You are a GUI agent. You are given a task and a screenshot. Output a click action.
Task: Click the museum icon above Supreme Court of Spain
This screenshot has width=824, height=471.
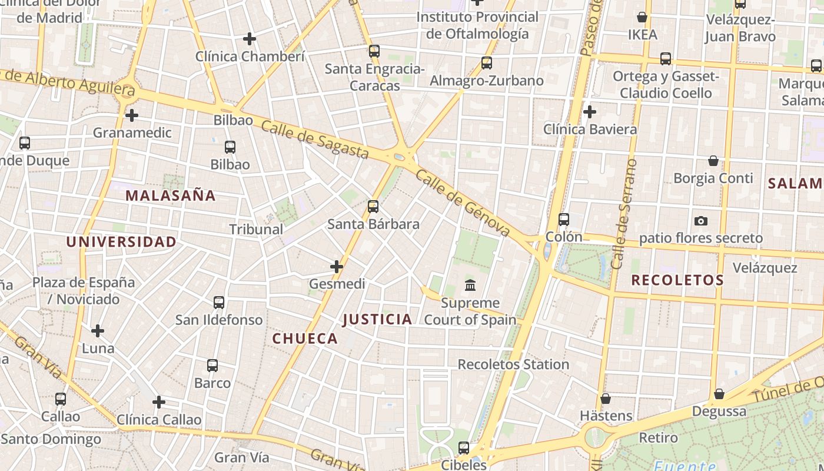470,286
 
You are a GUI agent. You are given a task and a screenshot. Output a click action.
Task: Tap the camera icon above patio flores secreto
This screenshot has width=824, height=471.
700,221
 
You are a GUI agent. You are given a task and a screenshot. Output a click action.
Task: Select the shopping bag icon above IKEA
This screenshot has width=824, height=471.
642,18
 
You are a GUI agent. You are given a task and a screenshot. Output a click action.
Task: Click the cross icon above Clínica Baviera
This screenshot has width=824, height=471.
589,111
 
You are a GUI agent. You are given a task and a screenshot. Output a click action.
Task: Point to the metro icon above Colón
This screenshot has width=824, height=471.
563,220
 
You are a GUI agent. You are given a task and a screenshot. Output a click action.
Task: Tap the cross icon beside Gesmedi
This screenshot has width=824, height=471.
336,267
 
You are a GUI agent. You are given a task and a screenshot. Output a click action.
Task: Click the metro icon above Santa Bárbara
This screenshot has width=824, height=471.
373,207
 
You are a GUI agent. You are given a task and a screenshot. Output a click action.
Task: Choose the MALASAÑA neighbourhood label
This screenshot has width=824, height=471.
171,195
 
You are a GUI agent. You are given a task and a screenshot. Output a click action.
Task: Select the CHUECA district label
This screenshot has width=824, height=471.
305,339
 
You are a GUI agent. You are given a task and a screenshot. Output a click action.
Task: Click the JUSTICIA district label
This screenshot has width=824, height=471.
377,320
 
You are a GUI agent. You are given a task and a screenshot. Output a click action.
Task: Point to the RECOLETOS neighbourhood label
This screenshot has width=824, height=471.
677,280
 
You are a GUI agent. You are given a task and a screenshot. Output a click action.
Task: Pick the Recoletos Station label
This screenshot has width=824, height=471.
513,364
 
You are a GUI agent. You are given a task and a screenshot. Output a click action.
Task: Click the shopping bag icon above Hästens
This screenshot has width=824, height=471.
605,399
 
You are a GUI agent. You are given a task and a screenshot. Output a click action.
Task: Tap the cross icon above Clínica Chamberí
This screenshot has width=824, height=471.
250,39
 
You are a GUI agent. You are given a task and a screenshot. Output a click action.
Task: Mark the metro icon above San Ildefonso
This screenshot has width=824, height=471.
218,303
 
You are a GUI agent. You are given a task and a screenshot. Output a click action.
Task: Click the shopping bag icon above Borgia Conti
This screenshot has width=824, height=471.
713,161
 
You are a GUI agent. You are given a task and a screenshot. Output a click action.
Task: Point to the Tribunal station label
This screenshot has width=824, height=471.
256,229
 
